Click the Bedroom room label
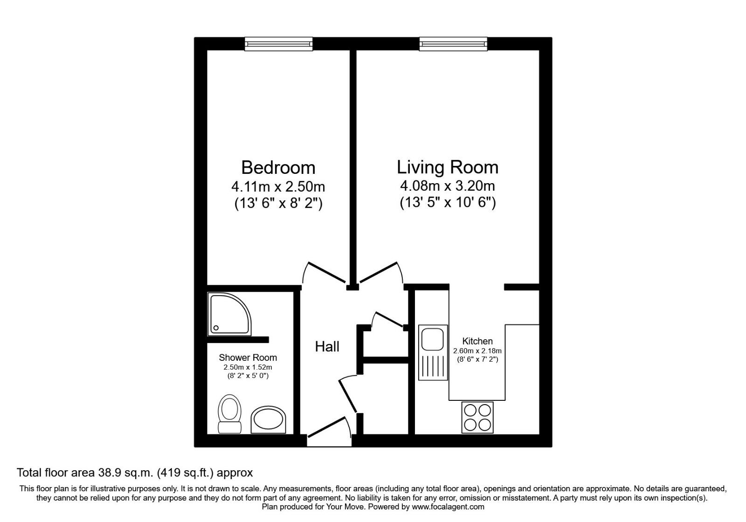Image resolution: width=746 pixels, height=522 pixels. click(278, 167)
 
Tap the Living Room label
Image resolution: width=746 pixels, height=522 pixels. click(447, 167)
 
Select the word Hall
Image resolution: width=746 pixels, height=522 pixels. click(327, 346)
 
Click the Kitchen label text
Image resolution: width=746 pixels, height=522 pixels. click(477, 341)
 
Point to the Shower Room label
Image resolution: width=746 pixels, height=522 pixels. click(248, 357)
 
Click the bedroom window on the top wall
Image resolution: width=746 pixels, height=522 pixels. click(279, 44)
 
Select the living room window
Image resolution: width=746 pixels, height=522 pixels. click(453, 44)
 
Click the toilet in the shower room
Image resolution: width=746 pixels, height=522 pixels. click(229, 414)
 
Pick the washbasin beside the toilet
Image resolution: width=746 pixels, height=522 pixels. click(268, 419)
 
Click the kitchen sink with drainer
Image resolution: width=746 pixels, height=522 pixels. click(433, 352)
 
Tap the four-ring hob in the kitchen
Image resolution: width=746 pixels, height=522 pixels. click(477, 417)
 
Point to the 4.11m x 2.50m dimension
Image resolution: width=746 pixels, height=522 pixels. click(278, 187)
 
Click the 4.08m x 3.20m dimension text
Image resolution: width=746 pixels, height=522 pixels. click(447, 186)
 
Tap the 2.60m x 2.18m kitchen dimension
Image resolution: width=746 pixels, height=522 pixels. click(477, 351)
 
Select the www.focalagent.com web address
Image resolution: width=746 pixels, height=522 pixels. click(448, 507)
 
